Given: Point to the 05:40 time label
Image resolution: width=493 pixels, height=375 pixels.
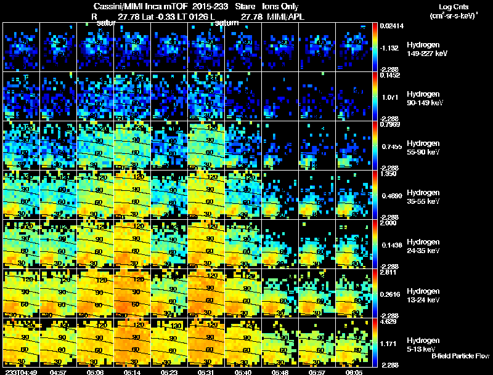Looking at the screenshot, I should coord(243,372).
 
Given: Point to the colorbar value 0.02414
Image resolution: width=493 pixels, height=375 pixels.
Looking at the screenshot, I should coord(391,26).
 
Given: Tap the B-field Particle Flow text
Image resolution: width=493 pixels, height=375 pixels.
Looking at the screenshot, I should coord(460,357).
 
